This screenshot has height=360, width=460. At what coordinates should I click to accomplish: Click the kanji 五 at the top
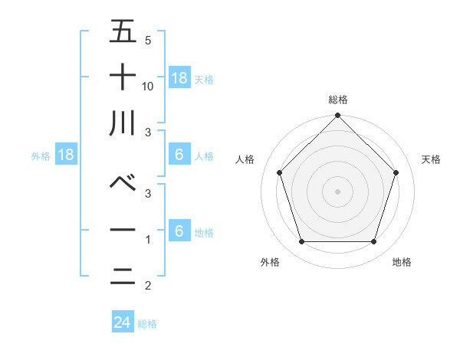(x=123, y=33)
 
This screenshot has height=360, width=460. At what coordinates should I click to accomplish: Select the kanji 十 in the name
(x=123, y=77)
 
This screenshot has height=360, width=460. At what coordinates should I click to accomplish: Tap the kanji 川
(x=123, y=123)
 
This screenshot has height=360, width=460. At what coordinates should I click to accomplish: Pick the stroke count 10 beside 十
(x=149, y=87)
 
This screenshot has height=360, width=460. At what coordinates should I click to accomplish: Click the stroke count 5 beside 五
(x=148, y=41)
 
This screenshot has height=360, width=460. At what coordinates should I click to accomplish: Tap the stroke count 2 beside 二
(x=148, y=286)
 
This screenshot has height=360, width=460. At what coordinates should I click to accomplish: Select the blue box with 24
(x=123, y=322)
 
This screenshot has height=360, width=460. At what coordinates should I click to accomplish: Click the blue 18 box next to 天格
(x=179, y=78)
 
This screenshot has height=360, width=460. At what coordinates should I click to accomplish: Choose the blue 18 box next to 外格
(x=66, y=155)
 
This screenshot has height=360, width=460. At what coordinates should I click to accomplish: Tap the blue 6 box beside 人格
(x=179, y=155)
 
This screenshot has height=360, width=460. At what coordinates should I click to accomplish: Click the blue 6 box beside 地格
(x=179, y=232)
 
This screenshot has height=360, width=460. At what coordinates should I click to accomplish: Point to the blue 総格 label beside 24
(x=147, y=324)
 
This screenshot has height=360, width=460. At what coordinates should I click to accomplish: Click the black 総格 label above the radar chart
(x=338, y=100)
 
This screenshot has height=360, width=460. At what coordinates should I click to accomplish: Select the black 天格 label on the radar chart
(x=432, y=159)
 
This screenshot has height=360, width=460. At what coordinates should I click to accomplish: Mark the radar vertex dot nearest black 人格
(x=280, y=172)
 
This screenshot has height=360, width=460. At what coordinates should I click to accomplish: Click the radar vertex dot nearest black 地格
(x=374, y=242)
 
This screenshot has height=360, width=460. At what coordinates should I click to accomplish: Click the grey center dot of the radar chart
(x=338, y=191)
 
